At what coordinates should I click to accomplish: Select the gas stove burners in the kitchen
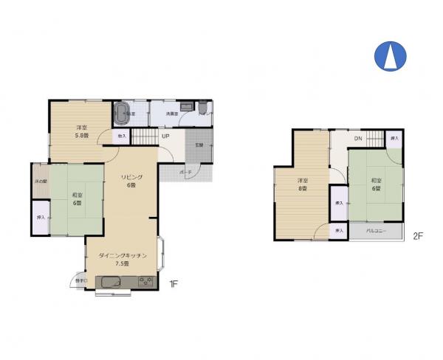coord(145,282)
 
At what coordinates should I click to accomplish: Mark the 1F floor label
coord(174,283)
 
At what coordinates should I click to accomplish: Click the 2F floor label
coord(418,236)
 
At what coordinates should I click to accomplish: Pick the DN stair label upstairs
coord(357,139)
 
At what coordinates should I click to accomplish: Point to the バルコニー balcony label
coord(384,232)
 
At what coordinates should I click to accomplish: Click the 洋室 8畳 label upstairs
coord(302,185)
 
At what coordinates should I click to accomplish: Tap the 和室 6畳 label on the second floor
coord(376,184)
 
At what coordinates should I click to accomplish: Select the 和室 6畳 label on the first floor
coord(77,198)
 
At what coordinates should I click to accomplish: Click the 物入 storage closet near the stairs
coord(121,136)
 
